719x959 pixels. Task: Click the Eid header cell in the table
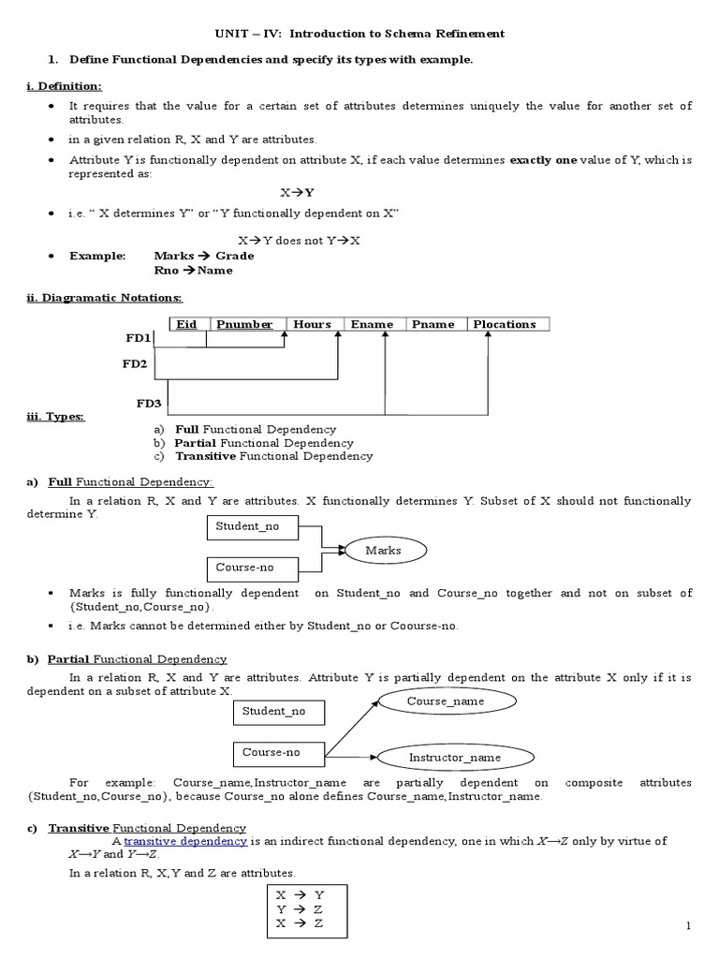(x=187, y=324)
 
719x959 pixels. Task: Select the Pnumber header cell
(x=245, y=324)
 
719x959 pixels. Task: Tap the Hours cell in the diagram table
(x=313, y=324)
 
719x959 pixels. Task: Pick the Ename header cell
(x=372, y=324)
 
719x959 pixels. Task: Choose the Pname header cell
(x=433, y=324)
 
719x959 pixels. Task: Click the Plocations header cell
(x=506, y=324)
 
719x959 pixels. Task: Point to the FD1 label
(x=138, y=337)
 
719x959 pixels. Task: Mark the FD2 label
(x=134, y=363)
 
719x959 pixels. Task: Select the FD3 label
(x=149, y=404)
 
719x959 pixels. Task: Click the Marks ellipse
(x=383, y=550)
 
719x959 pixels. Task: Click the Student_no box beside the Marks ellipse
(x=253, y=527)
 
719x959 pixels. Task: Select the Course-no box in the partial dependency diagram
(x=279, y=752)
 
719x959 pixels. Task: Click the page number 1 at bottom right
(x=688, y=926)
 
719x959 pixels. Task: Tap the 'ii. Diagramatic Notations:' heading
(x=104, y=298)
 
